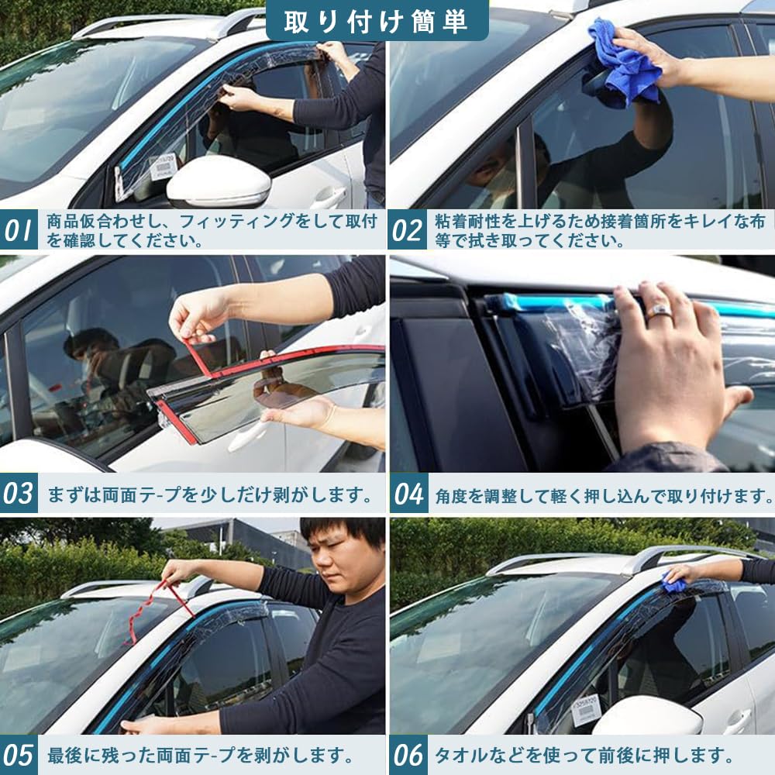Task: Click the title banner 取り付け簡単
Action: pyautogui.click(x=377, y=21)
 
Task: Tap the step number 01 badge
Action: pyautogui.click(x=19, y=230)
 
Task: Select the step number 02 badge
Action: pyautogui.click(x=408, y=230)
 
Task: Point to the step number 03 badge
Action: pyautogui.click(x=19, y=494)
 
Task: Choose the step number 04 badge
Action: pyautogui.click(x=408, y=494)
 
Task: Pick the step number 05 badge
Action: pyautogui.click(x=19, y=754)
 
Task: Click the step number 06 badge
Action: pyautogui.click(x=408, y=754)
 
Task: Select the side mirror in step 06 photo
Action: pyautogui.click(x=647, y=716)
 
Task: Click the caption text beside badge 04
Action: pyautogui.click(x=603, y=494)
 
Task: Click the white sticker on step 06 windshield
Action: pyautogui.click(x=586, y=709)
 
